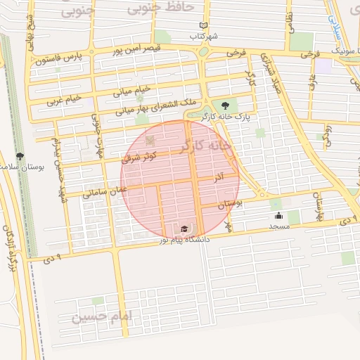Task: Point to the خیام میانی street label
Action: point(131,90)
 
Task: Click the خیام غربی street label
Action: point(64,98)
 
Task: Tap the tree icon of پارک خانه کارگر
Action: point(225,105)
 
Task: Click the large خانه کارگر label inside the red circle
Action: point(205,146)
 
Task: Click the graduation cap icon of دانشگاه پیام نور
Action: point(184,229)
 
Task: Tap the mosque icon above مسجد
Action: point(278,216)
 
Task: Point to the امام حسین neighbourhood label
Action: point(101,317)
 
